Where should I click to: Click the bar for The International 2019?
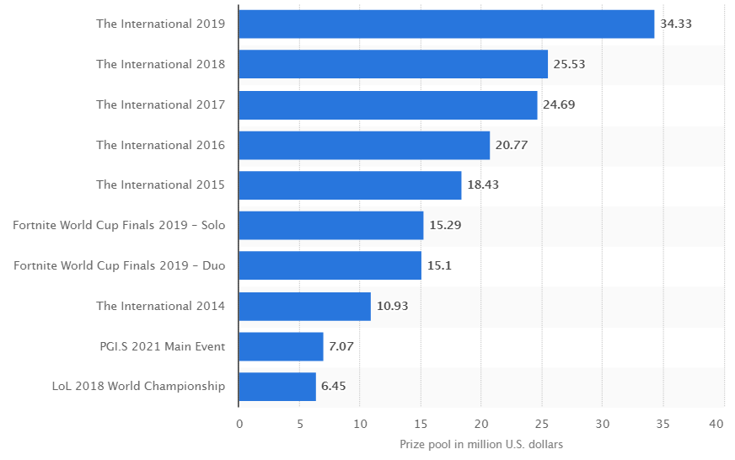click(x=446, y=24)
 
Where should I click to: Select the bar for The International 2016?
click(x=364, y=145)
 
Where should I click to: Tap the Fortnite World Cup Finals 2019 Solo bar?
click(x=330, y=226)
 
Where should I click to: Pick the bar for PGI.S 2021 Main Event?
click(x=281, y=346)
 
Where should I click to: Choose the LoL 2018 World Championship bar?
click(x=277, y=387)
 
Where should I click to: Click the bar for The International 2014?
click(x=304, y=306)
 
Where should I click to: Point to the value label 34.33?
click(x=676, y=24)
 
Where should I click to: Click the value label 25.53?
click(x=569, y=64)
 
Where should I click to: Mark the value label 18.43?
click(x=483, y=185)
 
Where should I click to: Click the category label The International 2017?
click(x=160, y=104)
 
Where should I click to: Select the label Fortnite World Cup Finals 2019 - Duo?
click(x=120, y=265)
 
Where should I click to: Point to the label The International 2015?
click(x=160, y=185)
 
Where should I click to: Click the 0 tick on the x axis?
click(x=239, y=423)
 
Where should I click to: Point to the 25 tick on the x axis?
click(x=541, y=423)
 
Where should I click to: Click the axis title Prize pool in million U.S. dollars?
click(x=480, y=444)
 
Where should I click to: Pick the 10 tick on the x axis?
click(x=360, y=423)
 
